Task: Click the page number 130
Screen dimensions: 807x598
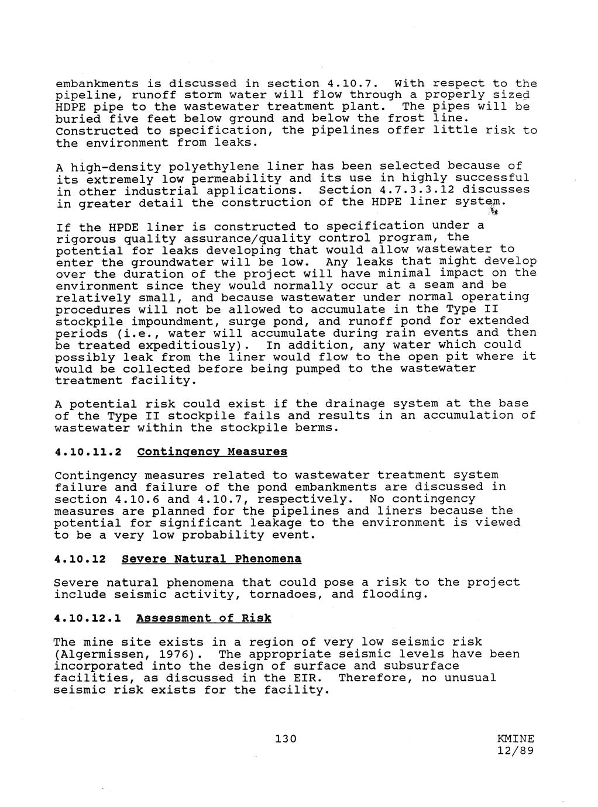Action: tap(286, 739)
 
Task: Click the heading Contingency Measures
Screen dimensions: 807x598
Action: tap(212, 451)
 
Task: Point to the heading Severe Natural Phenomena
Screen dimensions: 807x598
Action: tap(212, 559)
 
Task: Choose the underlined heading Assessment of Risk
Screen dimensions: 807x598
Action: tap(204, 618)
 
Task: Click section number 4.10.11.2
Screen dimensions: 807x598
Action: tap(88, 451)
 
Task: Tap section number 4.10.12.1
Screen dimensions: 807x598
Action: tap(88, 618)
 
